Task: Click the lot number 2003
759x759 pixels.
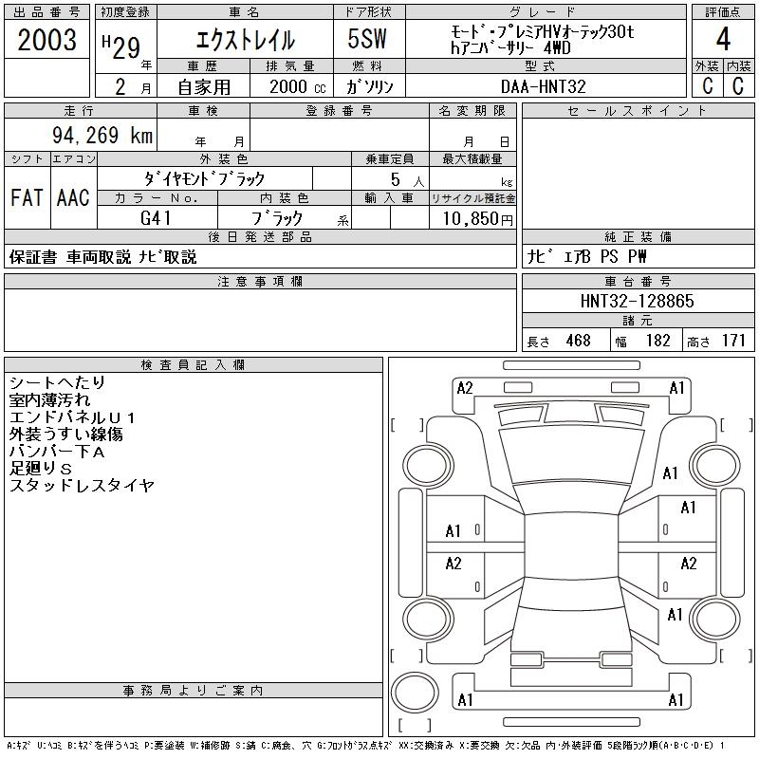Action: click(x=46, y=39)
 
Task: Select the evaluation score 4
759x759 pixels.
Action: click(x=723, y=39)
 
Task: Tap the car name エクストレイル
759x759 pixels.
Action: click(x=245, y=40)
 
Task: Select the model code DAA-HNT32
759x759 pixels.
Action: click(x=544, y=86)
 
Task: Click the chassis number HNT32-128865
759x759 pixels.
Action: click(x=638, y=301)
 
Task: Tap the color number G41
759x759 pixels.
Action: click(x=157, y=218)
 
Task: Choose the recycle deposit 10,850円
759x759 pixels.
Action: click(x=472, y=218)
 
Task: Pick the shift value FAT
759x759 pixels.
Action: click(x=28, y=197)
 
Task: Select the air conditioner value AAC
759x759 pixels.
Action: click(x=73, y=197)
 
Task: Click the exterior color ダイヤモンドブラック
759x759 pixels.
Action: click(x=204, y=178)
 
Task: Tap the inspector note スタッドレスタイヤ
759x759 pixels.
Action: click(x=82, y=486)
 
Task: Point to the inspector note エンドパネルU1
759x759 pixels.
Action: click(x=73, y=417)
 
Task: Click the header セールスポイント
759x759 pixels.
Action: click(x=637, y=111)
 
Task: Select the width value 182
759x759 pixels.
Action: click(x=658, y=341)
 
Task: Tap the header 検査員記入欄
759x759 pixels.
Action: click(x=193, y=365)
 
